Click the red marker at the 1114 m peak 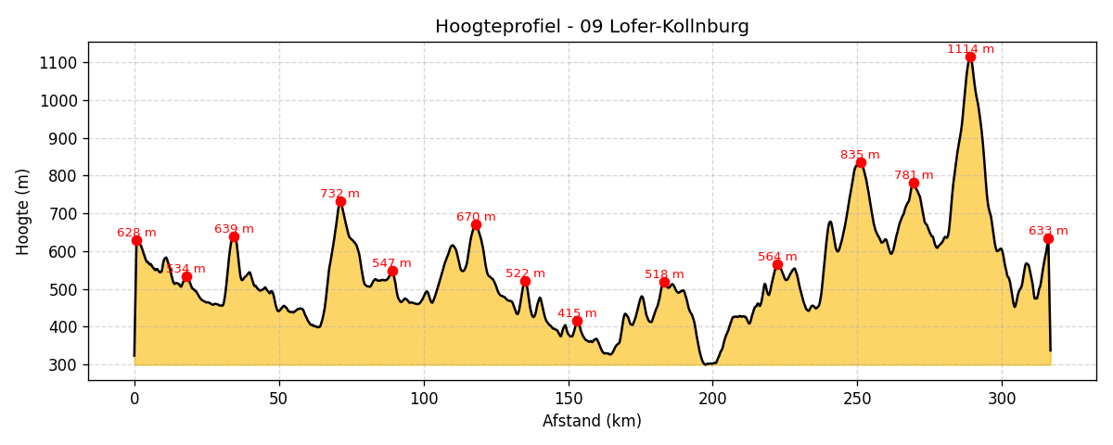(970, 57)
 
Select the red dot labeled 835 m (861, 162)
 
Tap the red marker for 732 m (340, 201)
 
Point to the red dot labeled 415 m (577, 321)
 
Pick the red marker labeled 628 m (136, 240)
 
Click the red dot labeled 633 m (1048, 238)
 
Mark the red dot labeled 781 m (914, 183)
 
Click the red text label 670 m (476, 217)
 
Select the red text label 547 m (391, 263)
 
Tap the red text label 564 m (777, 257)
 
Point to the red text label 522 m (525, 273)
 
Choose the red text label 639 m (234, 229)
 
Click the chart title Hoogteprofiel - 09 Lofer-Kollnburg (592, 27)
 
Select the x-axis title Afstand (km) (592, 421)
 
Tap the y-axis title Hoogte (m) (23, 211)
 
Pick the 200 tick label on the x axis (712, 399)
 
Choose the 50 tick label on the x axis (279, 399)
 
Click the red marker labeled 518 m (664, 282)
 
